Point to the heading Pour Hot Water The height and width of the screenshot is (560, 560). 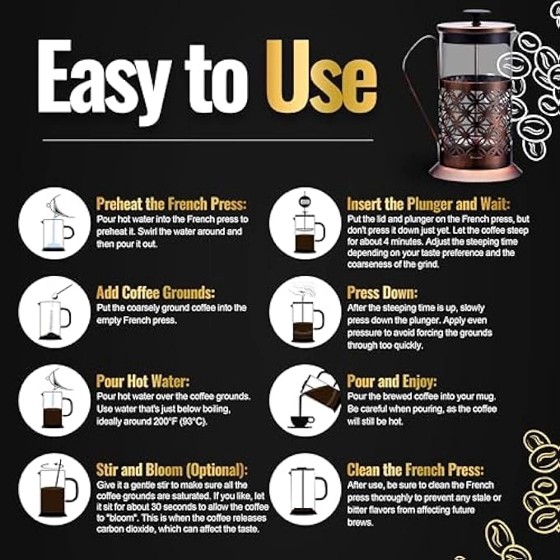(x=142, y=381)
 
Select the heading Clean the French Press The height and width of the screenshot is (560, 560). (x=414, y=470)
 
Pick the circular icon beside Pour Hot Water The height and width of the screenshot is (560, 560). (x=54, y=400)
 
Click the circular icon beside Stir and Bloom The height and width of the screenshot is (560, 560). (x=54, y=488)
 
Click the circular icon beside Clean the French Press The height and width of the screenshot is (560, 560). (x=305, y=488)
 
